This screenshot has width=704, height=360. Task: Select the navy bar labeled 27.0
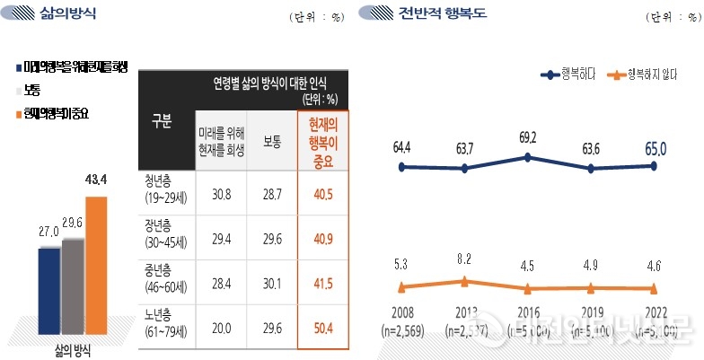pos(48,288)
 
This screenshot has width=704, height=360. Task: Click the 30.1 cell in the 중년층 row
pos(271,284)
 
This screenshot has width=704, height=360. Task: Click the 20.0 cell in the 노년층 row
pos(219,329)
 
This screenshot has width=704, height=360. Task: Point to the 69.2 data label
pos(528,138)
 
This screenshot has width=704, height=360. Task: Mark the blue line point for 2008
pos(402,167)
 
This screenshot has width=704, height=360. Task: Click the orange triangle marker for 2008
pos(402,287)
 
